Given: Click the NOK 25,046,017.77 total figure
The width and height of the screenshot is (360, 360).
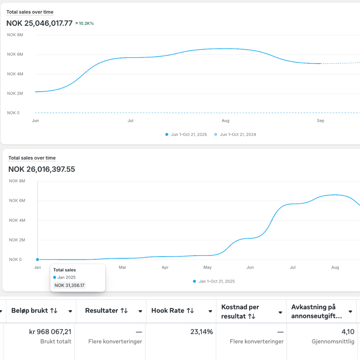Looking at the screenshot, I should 39,23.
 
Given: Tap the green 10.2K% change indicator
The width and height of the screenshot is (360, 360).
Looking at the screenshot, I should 85,23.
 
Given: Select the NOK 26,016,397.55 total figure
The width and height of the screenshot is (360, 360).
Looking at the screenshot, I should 42,169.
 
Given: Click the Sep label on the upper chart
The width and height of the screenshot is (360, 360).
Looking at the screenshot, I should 320,121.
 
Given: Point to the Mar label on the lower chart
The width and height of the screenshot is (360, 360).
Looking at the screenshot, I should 122,267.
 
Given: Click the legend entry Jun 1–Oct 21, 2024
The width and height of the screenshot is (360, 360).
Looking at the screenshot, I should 238,135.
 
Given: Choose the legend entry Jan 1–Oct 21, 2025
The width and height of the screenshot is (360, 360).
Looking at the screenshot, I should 216,281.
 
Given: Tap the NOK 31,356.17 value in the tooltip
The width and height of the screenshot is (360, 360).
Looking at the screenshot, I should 70,285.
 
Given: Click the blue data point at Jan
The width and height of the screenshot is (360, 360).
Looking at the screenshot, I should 38,259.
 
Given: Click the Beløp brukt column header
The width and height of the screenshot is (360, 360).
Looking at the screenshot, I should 34,311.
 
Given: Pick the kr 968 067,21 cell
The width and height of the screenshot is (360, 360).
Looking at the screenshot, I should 50,332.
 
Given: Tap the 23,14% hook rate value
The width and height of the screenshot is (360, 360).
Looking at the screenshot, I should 201,332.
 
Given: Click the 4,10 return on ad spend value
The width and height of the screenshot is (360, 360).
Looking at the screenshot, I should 348,332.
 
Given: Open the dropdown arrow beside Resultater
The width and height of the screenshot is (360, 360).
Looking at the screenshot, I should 140,311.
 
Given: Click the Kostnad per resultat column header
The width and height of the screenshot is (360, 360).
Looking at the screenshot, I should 240,311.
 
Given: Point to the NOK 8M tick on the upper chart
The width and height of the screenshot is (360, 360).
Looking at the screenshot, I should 15,35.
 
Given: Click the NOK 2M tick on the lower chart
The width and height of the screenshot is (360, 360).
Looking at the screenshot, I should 15,240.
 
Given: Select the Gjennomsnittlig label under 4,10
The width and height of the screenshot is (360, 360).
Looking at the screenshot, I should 333,342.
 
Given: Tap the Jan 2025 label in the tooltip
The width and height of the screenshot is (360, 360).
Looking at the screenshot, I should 66,277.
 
